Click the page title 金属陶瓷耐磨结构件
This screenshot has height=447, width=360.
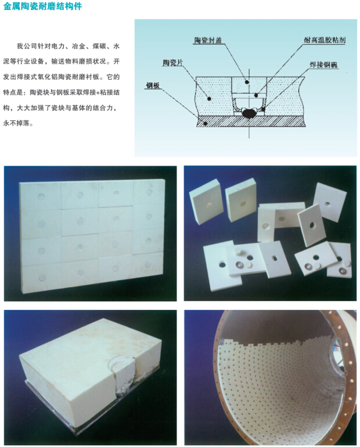coord(42,6)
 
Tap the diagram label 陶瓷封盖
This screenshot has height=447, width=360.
coord(208,40)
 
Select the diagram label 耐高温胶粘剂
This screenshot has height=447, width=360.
coord(325,40)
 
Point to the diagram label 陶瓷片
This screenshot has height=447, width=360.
coord(172,63)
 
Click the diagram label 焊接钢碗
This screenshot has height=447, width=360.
coord(323,65)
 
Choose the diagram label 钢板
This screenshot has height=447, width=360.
coord(153,85)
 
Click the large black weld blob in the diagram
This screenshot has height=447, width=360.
coord(249,113)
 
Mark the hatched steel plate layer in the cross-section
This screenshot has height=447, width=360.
coord(251,121)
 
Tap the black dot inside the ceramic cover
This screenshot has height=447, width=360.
coord(247,82)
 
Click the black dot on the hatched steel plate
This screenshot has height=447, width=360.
coord(205,123)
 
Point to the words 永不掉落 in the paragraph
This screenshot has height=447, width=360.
coord(16,123)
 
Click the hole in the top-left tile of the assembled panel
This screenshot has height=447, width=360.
coord(41,196)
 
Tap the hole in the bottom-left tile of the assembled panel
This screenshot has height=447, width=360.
coord(42,277)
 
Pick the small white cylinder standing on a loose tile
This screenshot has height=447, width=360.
coord(238,252)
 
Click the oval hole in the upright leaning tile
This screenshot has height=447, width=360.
coord(312,225)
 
